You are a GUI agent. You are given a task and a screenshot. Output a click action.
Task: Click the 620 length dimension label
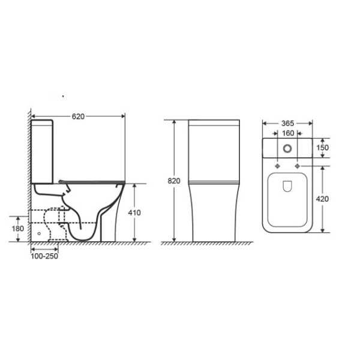78,116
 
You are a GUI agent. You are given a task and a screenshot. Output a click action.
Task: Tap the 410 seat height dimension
134,213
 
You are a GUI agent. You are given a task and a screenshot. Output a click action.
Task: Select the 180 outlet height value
17,229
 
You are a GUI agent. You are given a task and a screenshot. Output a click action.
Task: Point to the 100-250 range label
44,256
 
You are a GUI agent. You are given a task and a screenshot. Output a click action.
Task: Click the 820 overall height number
174,181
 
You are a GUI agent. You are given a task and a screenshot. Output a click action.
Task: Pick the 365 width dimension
287,124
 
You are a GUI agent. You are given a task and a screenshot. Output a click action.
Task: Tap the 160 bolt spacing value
288,133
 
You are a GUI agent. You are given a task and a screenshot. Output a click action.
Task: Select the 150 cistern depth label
323,148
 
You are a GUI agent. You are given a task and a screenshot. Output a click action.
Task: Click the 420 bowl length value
322,199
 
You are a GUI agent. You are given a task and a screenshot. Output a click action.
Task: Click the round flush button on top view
287,149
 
